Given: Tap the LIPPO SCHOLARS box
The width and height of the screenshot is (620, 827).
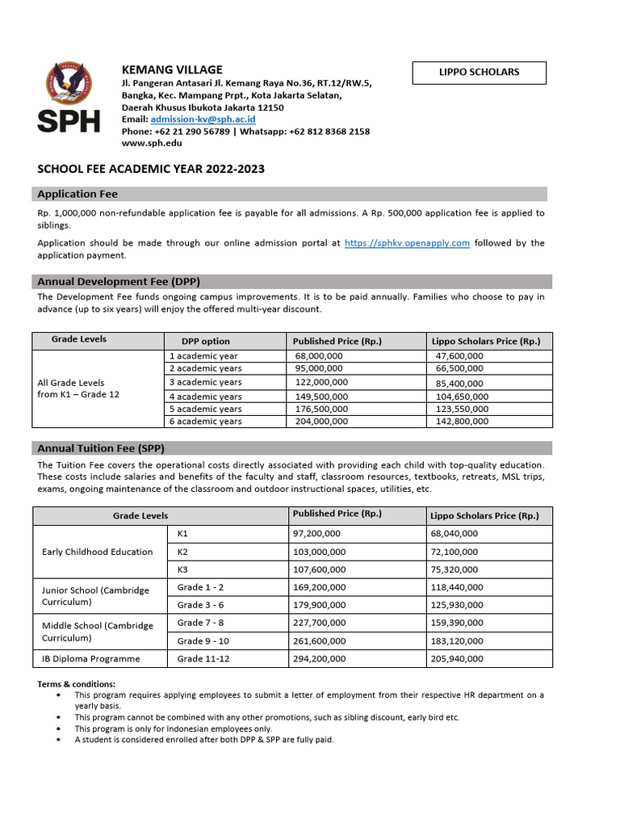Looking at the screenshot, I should point(480,73).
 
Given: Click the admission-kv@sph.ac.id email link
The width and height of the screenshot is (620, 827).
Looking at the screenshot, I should point(203,120).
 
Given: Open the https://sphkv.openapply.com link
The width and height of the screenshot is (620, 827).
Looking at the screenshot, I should point(407,242).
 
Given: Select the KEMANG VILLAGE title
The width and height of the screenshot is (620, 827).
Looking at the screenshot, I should point(171,69).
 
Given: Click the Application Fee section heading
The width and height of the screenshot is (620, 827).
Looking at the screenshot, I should point(77,194).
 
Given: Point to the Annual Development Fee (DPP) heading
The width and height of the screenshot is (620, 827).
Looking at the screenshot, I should point(119,282).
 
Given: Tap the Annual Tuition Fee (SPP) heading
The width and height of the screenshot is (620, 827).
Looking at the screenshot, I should point(101,448).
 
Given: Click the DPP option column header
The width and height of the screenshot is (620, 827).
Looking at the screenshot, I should point(199,342).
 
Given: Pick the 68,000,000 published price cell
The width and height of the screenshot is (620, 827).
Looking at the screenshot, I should point(319,356).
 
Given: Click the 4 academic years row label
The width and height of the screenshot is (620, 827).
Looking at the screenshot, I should point(205,397).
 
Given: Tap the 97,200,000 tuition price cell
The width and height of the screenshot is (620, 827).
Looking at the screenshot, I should point(316,534).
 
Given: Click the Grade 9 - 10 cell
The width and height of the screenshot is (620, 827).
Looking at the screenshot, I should point(203,640).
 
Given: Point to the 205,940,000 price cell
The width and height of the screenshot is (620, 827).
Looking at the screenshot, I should point(457,659).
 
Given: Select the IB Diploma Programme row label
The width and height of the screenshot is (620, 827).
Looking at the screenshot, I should point(91,659).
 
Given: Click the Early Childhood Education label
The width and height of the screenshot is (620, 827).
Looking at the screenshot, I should point(97,552).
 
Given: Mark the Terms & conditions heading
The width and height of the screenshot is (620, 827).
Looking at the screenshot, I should point(77,684).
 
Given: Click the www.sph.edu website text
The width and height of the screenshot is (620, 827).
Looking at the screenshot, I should point(152,143).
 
